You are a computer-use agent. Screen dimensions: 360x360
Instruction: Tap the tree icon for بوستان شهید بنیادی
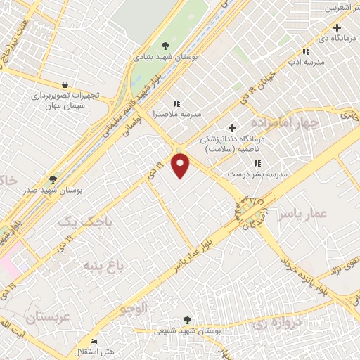coord(165,46)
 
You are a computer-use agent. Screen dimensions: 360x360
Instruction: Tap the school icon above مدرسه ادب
coord(305,51)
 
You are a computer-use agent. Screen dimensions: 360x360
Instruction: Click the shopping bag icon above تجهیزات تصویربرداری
coord(65,84)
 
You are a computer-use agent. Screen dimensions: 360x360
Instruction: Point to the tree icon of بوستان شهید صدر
coord(53,179)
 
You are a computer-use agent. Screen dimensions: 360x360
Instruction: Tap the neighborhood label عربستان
coord(49,316)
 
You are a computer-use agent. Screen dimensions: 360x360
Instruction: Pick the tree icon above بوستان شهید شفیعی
coord(187,319)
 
